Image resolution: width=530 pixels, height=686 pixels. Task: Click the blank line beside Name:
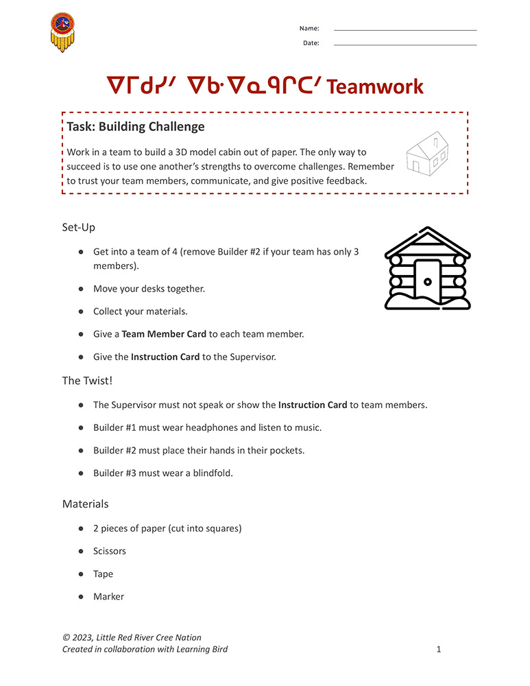click(x=405, y=30)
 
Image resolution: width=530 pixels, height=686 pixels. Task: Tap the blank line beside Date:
click(x=405, y=45)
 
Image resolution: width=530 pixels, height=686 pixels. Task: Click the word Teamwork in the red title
click(x=375, y=87)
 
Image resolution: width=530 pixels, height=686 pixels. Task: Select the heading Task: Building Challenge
click(x=136, y=127)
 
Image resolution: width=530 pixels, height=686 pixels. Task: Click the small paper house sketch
click(x=427, y=153)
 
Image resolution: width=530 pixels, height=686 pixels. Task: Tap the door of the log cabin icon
click(x=428, y=281)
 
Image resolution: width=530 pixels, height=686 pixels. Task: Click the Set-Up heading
click(x=79, y=227)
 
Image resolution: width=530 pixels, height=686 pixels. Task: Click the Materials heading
click(x=85, y=504)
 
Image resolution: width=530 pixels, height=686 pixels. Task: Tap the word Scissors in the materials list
click(x=110, y=552)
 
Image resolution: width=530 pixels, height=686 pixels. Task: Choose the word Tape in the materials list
click(x=103, y=574)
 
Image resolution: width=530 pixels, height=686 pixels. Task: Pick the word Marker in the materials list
click(x=108, y=597)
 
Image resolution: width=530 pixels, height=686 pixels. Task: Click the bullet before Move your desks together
click(x=81, y=289)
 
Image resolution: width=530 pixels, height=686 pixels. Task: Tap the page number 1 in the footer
click(x=439, y=649)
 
